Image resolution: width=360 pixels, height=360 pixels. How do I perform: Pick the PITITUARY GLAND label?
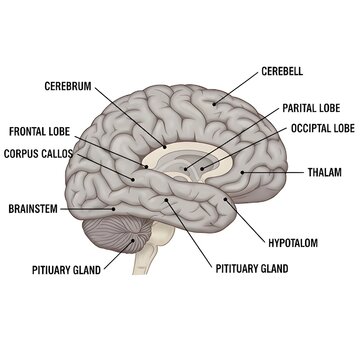pyautogui.click(x=252, y=268)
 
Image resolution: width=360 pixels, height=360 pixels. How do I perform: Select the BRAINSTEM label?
pyautogui.click(x=32, y=209)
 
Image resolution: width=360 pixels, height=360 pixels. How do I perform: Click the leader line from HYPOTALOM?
pyautogui.click(x=249, y=220)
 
